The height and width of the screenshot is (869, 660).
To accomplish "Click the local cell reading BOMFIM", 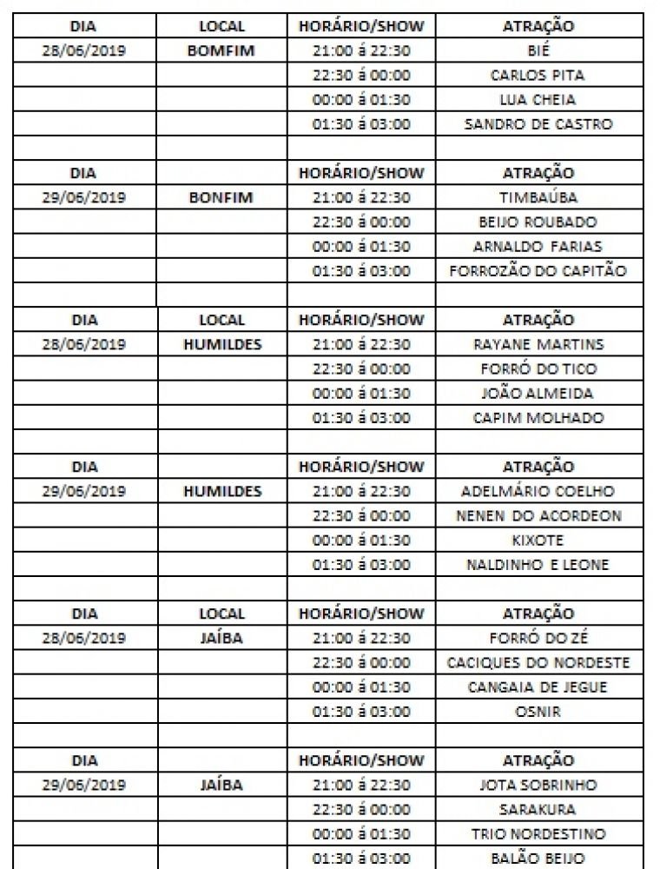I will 221,50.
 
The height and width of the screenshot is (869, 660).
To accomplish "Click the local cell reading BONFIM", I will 221,197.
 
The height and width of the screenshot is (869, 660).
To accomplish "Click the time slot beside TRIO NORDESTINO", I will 360,833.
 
